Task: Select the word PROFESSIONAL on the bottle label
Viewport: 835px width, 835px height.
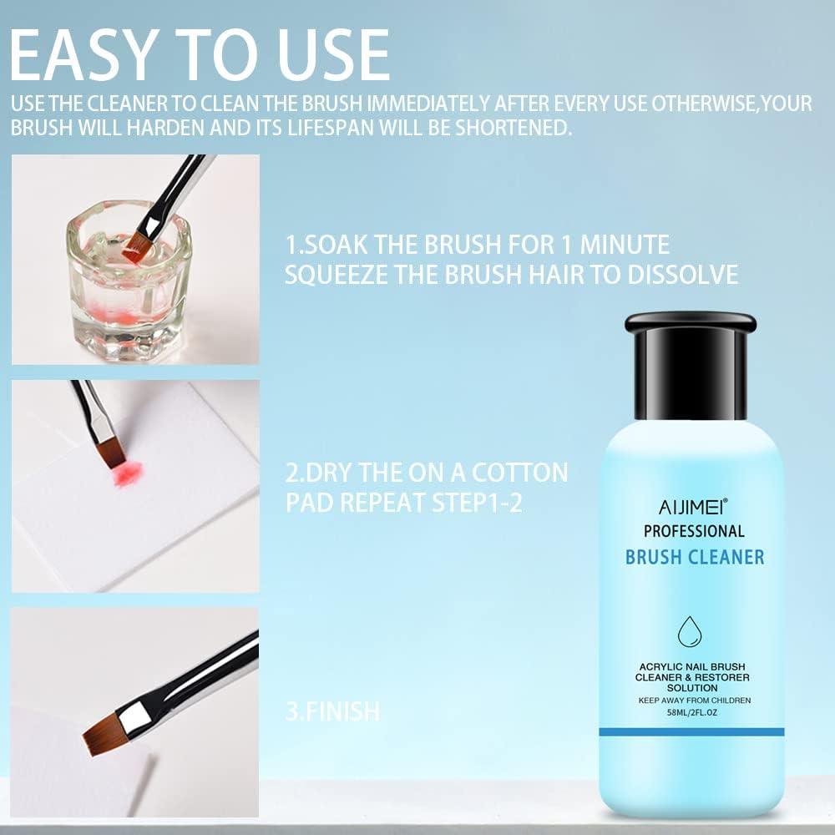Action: point(694,530)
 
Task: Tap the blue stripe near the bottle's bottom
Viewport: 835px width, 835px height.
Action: point(692,731)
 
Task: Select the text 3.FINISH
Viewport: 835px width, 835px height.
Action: point(332,712)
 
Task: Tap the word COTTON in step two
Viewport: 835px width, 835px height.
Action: point(519,473)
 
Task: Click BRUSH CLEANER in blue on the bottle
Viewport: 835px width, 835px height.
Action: point(695,557)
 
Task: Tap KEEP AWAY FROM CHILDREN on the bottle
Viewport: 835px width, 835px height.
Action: point(693,700)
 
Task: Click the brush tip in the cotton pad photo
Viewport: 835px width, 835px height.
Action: point(110,453)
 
